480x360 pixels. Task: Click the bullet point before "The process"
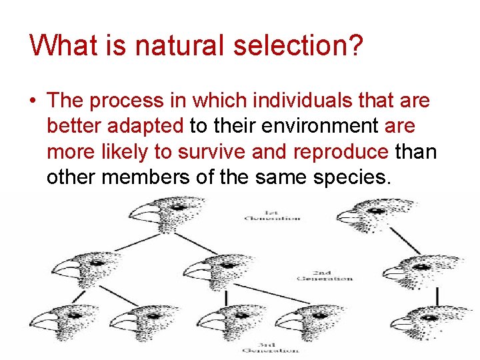click(x=33, y=101)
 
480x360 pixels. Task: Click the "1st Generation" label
click(x=271, y=215)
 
